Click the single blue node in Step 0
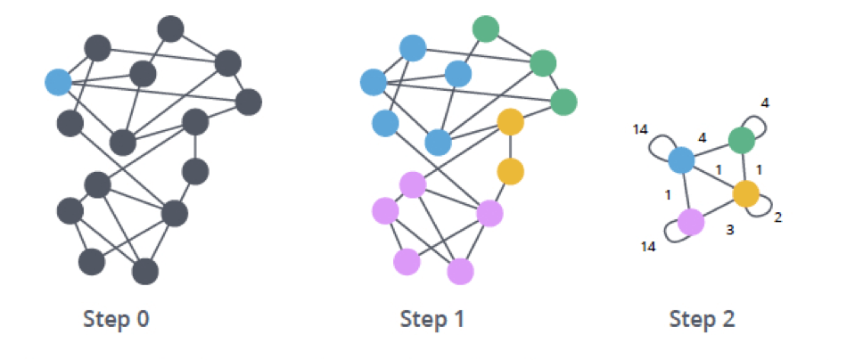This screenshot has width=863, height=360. tap(58, 82)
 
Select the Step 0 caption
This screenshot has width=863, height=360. tap(116, 319)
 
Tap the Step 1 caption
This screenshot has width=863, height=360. tap(432, 319)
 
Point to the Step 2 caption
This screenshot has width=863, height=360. tap(702, 319)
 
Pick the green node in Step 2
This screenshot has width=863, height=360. tap(742, 141)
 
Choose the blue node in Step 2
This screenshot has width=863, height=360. tap(681, 160)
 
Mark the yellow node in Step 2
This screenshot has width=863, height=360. tap(746, 193)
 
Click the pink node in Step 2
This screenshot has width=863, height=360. tap(691, 222)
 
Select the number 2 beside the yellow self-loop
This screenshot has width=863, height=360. tap(777, 217)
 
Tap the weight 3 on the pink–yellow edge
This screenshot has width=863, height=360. tap(730, 230)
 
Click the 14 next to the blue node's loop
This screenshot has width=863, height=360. tap(640, 129)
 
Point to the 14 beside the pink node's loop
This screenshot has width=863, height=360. tap(648, 247)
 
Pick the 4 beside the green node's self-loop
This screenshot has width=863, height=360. tap(765, 103)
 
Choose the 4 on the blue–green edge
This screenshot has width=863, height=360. tap(702, 138)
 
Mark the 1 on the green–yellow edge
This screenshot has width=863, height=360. tap(759, 170)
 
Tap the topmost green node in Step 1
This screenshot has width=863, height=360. tap(486, 29)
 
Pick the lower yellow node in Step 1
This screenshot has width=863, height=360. tap(510, 171)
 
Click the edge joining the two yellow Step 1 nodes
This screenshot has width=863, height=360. tap(510, 146)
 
